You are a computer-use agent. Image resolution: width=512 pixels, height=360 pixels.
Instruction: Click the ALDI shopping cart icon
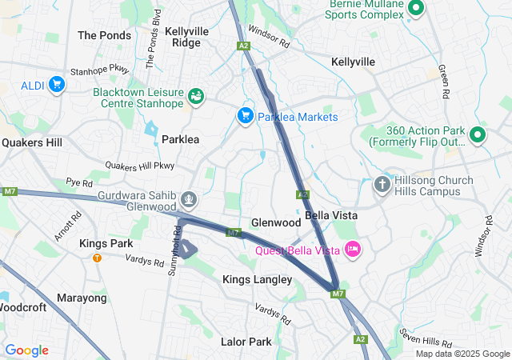pos(56,84)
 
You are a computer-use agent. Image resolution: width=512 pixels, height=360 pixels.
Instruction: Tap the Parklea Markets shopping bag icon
pos(246,116)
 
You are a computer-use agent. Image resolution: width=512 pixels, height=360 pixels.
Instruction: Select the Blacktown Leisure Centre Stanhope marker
pos(196,97)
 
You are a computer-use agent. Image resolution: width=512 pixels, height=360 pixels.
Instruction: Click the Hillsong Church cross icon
pos(382,185)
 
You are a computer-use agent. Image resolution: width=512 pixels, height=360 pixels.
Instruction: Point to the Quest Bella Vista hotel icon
pos(353,250)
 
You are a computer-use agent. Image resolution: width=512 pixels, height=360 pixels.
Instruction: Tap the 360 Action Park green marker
pos(478,135)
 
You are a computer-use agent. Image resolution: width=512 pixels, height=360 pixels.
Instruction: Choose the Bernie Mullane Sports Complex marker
pos(416,9)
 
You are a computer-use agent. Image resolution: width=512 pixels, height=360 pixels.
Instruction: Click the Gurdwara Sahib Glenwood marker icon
pos(190,198)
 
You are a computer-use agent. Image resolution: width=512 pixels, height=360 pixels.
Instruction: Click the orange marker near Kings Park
pos(97,258)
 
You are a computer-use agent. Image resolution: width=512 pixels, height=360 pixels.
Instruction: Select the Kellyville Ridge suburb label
pos(187,37)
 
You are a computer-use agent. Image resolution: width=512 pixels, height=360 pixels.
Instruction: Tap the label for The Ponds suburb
pos(104,35)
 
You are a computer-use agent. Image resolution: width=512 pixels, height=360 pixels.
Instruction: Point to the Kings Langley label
pos(257,279)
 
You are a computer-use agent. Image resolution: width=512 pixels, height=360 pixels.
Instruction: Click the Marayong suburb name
pos(82,298)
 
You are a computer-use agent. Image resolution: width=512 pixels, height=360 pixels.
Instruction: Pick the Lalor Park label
pos(246,342)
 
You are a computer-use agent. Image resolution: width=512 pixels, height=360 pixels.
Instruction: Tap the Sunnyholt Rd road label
pos(174,249)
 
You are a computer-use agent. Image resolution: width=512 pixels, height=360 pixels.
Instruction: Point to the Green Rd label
pos(442,80)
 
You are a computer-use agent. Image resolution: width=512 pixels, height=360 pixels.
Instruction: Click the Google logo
pos(26,350)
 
